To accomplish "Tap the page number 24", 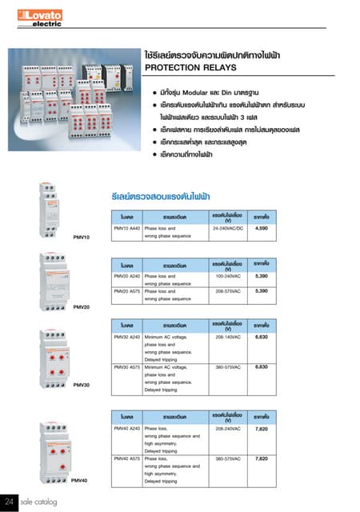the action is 10,502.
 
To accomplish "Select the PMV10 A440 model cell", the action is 127,229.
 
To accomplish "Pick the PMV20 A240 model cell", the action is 127,275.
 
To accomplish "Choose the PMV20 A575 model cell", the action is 127,290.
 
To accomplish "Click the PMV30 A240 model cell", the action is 127,338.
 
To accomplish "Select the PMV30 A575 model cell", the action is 127,367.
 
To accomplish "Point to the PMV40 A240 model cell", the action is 127,429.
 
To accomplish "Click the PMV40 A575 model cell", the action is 127,458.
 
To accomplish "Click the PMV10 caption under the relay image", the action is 81,238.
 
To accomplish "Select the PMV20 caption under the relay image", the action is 81,307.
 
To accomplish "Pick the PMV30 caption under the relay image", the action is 81,385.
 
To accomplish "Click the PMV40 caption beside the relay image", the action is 79,480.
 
